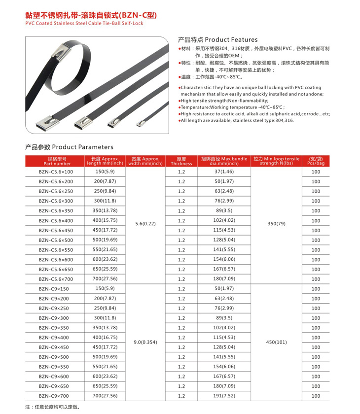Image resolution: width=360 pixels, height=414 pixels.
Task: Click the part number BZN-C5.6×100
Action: (56, 172)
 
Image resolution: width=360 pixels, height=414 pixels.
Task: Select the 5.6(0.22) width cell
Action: (145, 223)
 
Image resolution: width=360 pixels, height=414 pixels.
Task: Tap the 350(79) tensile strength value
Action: (276, 223)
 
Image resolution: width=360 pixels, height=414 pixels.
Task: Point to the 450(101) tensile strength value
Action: (276, 342)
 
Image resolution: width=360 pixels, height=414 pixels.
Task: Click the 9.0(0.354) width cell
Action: (145, 342)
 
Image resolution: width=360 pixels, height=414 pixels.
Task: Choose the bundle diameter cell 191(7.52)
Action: (224, 396)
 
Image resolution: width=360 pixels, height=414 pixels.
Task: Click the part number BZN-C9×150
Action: (54, 289)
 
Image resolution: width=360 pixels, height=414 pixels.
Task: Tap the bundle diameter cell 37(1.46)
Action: (224, 172)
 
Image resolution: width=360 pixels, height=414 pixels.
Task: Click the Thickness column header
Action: (181, 161)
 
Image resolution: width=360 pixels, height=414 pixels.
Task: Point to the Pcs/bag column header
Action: (316, 161)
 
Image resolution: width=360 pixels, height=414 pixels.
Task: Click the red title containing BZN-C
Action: (91, 15)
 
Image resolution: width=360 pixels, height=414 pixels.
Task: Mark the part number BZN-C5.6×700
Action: (56, 279)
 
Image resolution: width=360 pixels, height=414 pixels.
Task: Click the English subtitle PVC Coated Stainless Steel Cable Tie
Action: (84, 23)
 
